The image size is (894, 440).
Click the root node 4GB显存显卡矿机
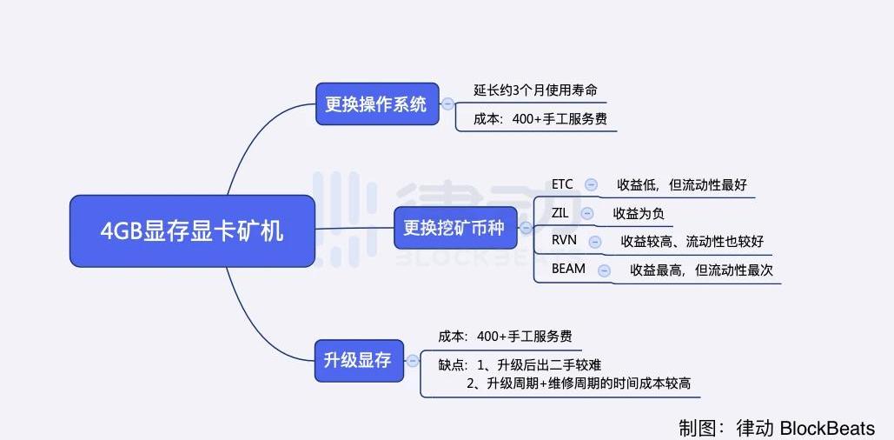191,230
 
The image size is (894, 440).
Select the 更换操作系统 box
376,104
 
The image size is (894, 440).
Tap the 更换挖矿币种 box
455,228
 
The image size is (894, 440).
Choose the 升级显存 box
358,360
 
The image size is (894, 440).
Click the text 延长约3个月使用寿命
535,90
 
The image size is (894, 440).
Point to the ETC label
562,184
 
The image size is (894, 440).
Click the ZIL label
560,212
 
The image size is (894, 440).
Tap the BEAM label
568,270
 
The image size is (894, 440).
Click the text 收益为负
639,213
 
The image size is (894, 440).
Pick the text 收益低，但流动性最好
682,184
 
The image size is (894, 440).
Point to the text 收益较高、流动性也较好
692,241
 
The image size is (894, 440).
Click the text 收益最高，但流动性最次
701,270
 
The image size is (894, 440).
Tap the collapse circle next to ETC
592,184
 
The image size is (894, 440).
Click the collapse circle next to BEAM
604,270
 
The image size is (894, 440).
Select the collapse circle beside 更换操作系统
448,104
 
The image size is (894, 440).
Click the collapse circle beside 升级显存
413,360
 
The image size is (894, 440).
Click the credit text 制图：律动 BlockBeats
777,428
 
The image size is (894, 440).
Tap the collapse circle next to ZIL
587,213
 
